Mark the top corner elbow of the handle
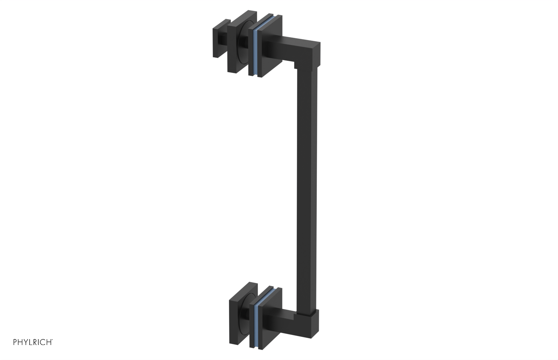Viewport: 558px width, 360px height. [310, 52]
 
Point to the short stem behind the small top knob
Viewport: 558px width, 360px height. [223, 41]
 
